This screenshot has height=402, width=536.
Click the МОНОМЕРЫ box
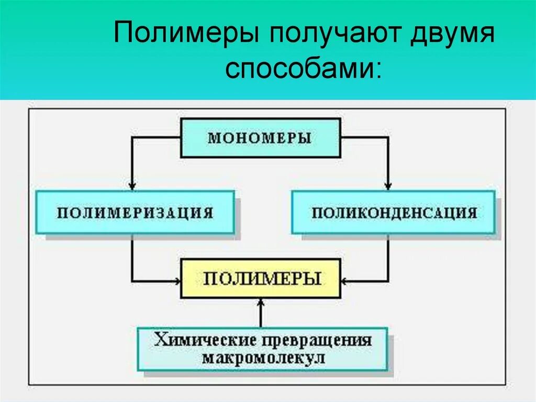point(260,138)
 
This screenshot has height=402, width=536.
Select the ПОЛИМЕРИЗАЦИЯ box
point(135,212)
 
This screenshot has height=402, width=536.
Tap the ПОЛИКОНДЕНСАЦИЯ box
point(393,212)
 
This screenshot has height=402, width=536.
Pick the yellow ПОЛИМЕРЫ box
point(261,278)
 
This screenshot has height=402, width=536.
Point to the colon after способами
point(378,72)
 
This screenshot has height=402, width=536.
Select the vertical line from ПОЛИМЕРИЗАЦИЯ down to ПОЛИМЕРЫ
point(132,257)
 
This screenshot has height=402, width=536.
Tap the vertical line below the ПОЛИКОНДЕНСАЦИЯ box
point(388,257)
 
